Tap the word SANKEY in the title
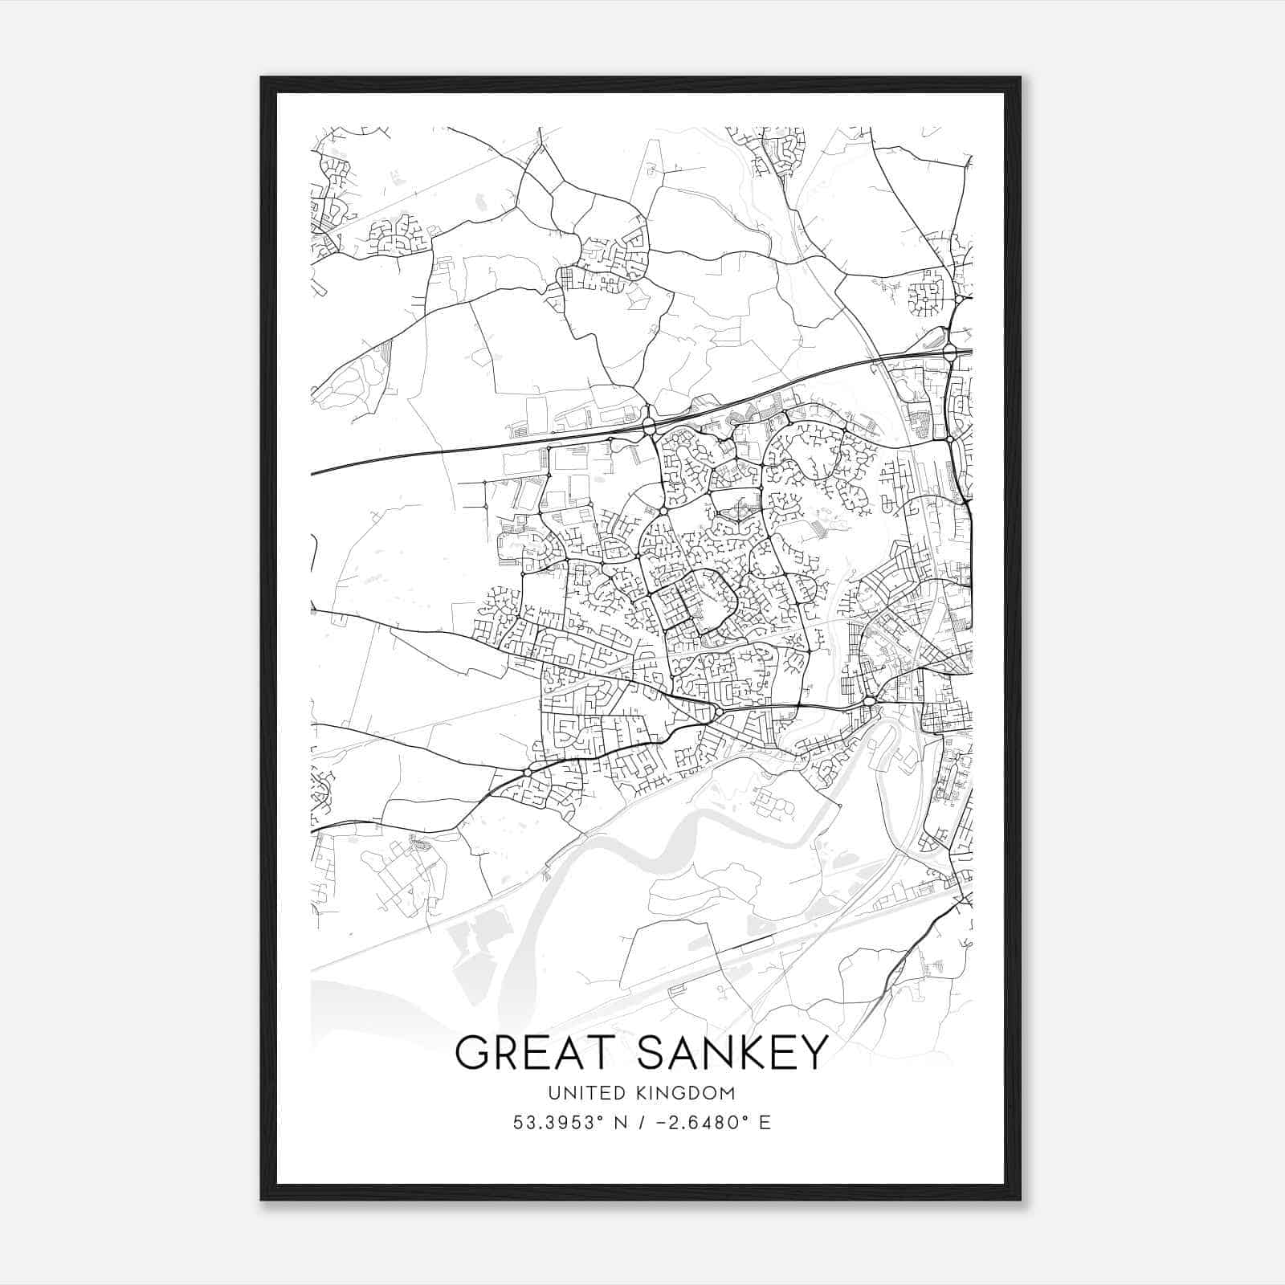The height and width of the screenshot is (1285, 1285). [732, 1052]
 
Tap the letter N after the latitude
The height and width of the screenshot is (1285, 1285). [621, 1123]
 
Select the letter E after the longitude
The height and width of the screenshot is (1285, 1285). [765, 1123]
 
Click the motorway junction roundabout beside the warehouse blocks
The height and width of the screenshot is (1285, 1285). [649, 424]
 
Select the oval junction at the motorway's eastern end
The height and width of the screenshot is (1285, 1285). [949, 351]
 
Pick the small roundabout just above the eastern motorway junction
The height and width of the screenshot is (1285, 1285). [959, 300]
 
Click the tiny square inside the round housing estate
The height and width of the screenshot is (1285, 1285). [926, 300]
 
